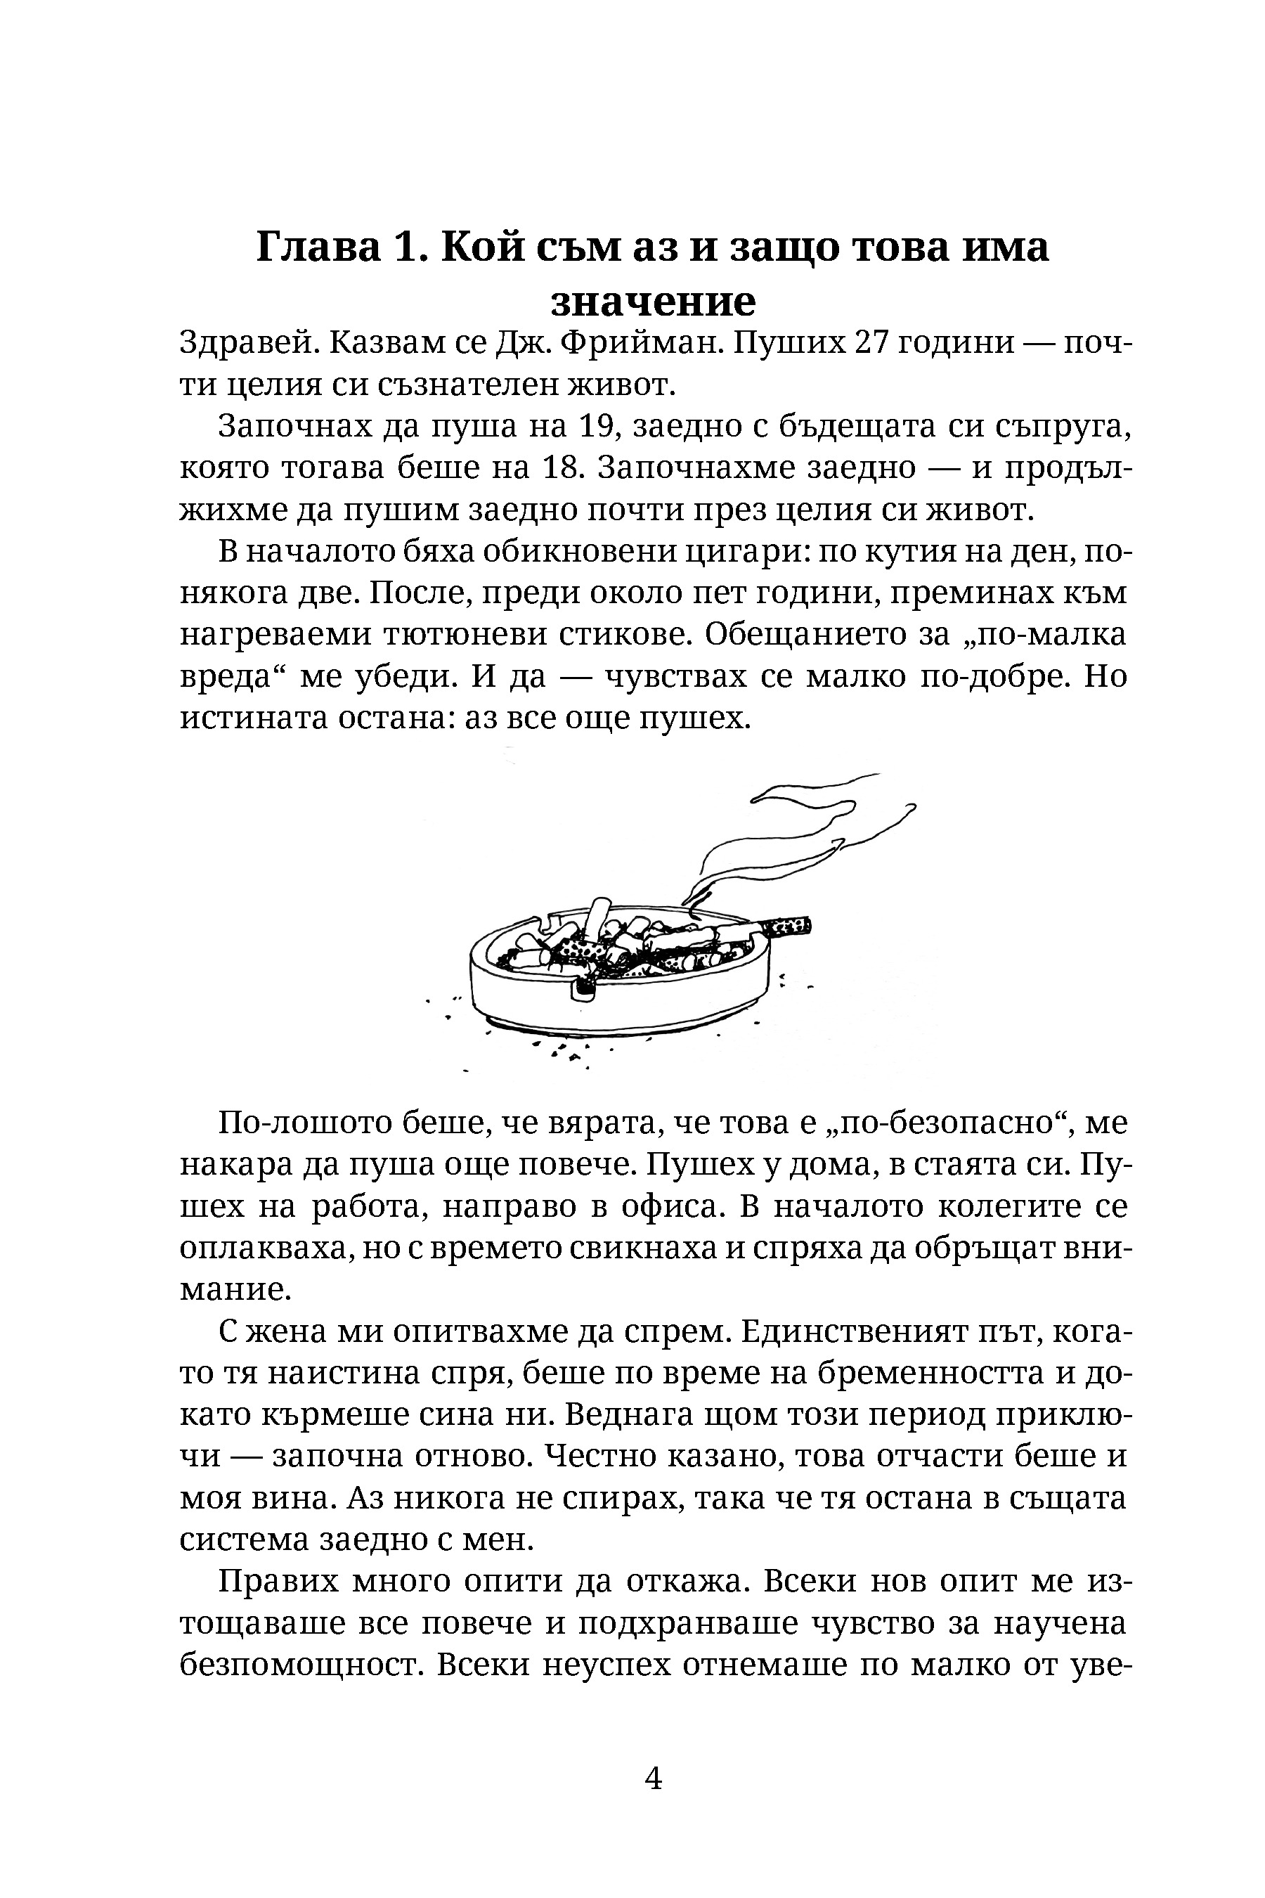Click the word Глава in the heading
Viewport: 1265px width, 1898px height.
coord(318,247)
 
